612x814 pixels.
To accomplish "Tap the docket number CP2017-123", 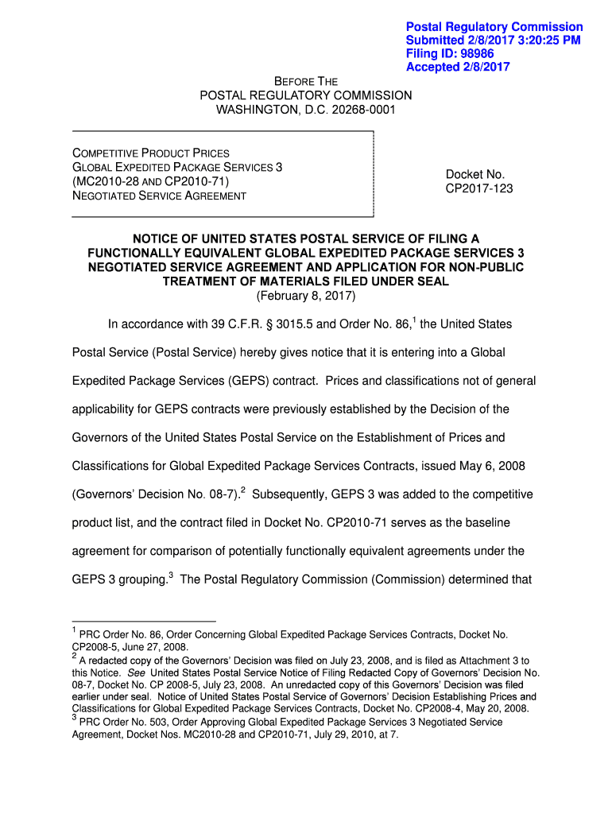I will tap(475, 188).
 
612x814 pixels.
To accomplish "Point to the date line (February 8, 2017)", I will tap(306, 296).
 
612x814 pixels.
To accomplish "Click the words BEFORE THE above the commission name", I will tap(306, 81).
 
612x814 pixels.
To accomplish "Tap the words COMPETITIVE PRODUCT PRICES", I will tap(151, 153).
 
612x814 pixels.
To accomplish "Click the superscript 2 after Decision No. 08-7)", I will tap(242, 490).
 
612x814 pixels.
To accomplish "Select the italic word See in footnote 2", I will tap(137, 672).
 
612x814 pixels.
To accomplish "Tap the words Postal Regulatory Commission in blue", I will tap(494, 27).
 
